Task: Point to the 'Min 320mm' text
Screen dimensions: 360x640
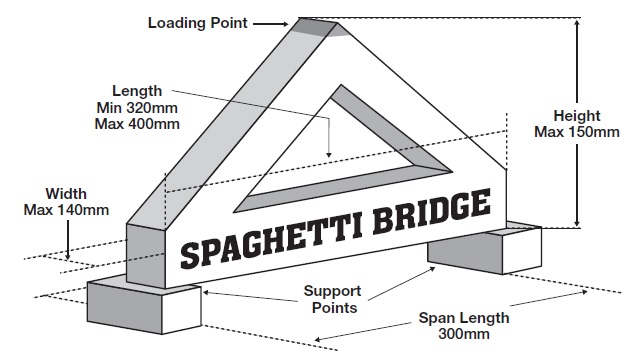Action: click(136, 107)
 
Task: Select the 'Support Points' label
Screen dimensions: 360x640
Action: click(332, 299)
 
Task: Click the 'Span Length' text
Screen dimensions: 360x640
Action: click(463, 318)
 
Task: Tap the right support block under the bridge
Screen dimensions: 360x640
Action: click(485, 248)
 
